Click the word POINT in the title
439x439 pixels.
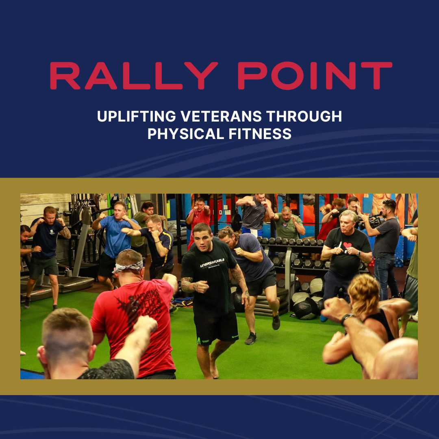pos(315,76)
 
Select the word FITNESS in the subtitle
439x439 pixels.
pos(260,134)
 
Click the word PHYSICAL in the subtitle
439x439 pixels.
pos(186,134)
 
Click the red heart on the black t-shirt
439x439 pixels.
pos(347,245)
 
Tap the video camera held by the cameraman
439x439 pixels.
pos(372,221)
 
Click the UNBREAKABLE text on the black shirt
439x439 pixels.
pos(212,263)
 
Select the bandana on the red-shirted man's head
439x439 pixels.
pos(128,266)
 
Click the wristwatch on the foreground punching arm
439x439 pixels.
pos(347,319)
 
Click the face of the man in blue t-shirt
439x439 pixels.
pos(120,211)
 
